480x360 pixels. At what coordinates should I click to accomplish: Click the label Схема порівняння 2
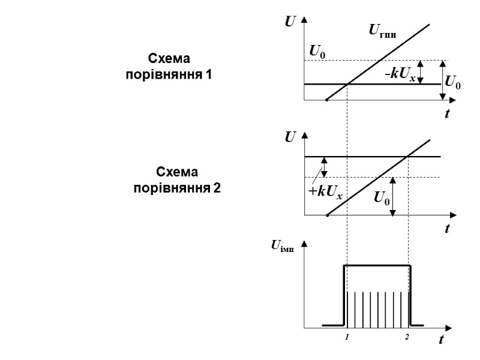point(177,180)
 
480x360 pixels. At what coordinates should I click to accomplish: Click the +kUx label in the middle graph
point(326,192)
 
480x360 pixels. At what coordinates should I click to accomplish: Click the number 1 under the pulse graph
point(347,337)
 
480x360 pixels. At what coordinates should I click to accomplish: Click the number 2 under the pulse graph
point(406,337)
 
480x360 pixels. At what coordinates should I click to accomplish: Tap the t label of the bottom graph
point(441,340)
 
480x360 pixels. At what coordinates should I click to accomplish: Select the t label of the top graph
point(447,114)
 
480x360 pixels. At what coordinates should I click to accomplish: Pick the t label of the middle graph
point(447,229)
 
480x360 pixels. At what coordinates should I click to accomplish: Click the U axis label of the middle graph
point(290,138)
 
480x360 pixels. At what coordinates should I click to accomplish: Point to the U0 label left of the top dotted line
point(317,52)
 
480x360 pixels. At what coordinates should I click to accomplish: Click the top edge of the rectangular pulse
point(377,265)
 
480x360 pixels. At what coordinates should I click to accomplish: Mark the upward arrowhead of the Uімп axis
point(304,244)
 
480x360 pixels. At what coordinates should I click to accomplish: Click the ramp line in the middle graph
point(378,178)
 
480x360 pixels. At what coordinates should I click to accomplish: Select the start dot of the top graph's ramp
point(326,100)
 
